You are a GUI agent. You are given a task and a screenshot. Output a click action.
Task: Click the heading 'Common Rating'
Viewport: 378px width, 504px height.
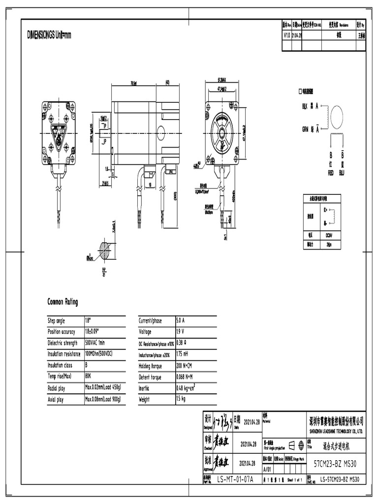pos(62,302)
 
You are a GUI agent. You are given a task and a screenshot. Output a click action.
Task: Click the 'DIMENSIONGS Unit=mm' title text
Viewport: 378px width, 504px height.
pos(49,35)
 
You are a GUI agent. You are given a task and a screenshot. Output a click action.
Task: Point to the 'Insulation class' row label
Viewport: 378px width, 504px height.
pos(60,365)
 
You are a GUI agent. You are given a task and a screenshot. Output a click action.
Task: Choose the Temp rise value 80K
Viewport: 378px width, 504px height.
pos(89,377)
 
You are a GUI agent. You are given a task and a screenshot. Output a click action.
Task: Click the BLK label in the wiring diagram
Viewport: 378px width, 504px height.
pos(305,106)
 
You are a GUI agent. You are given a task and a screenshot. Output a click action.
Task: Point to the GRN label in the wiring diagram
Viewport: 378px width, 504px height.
pos(305,129)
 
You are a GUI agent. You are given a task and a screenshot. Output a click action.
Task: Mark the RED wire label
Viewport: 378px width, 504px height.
pos(331,173)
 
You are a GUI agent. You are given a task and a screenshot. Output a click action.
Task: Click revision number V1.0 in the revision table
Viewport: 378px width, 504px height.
pos(287,35)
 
